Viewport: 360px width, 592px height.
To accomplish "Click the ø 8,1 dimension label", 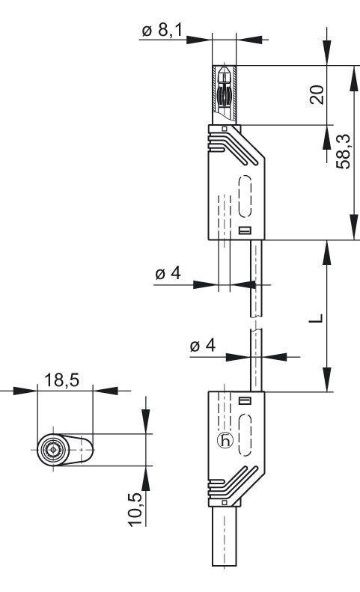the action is coord(162,31).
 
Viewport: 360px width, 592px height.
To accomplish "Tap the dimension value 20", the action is coord(317,95).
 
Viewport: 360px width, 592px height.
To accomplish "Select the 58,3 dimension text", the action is coord(344,151).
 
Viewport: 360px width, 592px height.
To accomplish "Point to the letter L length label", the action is coord(316,318).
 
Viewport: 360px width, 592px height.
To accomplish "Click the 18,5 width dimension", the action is coord(62,379).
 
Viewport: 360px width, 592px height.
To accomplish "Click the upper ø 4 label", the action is coord(168,273).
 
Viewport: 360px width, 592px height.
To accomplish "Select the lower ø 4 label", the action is coord(203,345).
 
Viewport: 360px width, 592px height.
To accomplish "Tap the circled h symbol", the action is coord(225,441).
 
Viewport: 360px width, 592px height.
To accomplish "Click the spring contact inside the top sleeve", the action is coord(225,94).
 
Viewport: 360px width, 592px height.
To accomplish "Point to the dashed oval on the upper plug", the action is coord(245,196).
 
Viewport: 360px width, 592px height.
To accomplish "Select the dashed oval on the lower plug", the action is coord(245,435).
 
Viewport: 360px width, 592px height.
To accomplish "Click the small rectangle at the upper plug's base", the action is coord(245,231).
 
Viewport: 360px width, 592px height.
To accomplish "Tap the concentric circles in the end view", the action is coord(53,450).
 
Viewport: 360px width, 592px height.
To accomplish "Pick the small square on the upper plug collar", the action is coord(225,129).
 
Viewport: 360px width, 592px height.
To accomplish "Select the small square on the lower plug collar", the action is coord(225,502).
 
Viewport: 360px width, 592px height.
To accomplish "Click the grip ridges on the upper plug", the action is coord(232,149).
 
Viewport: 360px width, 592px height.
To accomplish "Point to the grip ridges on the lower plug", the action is coord(232,482).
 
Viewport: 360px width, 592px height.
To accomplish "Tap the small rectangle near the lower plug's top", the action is coord(245,401).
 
